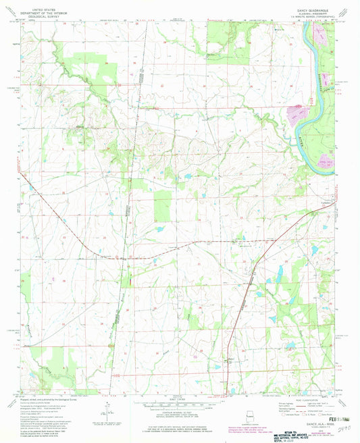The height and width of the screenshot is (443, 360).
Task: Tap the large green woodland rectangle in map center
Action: pos(163,205)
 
